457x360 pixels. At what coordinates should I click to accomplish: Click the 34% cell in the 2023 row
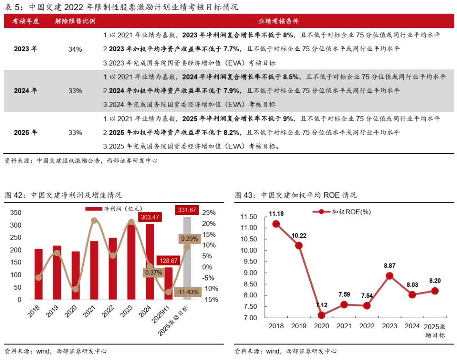pyautogui.click(x=75, y=49)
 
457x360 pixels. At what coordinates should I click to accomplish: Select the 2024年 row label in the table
pyautogui.click(x=25, y=91)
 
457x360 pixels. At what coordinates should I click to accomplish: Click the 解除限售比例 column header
pyautogui.click(x=75, y=21)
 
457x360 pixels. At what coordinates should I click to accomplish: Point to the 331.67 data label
pyautogui.click(x=187, y=210)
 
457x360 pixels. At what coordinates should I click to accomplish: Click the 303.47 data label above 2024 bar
pyautogui.click(x=150, y=217)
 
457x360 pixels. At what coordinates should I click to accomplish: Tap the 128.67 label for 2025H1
pyautogui.click(x=168, y=261)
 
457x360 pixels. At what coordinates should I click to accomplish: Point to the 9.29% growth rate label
pyautogui.click(x=189, y=239)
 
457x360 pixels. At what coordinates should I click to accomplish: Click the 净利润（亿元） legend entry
pyautogui.click(x=114, y=209)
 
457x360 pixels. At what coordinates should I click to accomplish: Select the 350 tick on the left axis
pyautogui.click(x=15, y=212)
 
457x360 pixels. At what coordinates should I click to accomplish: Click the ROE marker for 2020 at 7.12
pyautogui.click(x=322, y=315)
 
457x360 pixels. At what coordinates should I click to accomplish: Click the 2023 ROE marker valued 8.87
pyautogui.click(x=390, y=276)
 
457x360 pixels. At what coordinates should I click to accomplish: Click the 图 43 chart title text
pyautogui.click(x=295, y=195)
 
